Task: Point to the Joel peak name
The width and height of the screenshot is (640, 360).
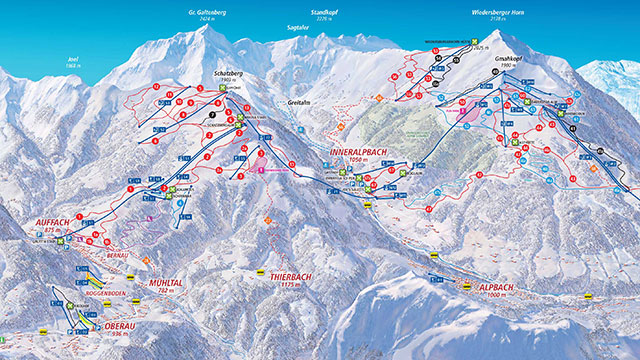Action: pyautogui.click(x=71, y=57)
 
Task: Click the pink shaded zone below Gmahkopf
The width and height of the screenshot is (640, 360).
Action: pyautogui.click(x=467, y=111)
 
